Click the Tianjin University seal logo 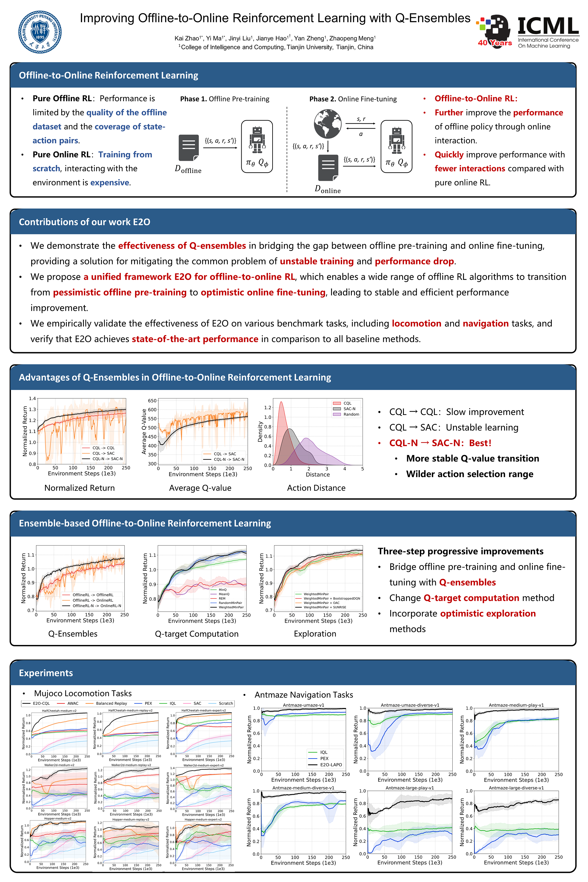click(x=40, y=32)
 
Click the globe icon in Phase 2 click(x=327, y=124)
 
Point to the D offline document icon click(x=189, y=148)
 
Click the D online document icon click(x=328, y=168)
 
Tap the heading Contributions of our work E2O click(x=85, y=222)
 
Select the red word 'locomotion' click(x=416, y=323)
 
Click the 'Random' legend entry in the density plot click(x=351, y=414)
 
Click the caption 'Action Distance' click(x=316, y=488)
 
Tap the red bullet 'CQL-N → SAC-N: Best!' click(x=440, y=443)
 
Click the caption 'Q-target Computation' click(x=197, y=634)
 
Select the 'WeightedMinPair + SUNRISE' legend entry click(x=325, y=607)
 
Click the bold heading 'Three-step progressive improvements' click(x=461, y=551)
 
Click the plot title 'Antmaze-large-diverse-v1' click(x=516, y=788)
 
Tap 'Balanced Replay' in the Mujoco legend click(x=111, y=703)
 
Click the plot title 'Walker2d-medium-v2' click(x=59, y=765)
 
